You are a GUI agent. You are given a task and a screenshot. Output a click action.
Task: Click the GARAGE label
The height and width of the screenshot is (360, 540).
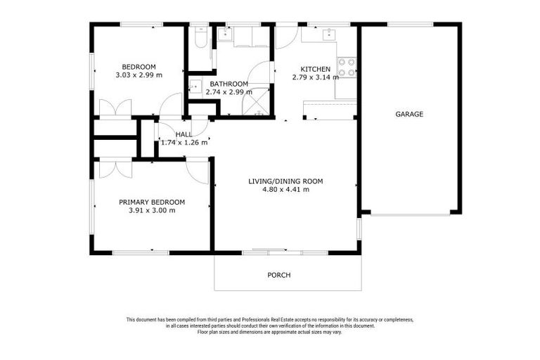click(409, 114)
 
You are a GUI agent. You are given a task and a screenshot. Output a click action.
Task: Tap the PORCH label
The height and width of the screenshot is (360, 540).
click(278, 275)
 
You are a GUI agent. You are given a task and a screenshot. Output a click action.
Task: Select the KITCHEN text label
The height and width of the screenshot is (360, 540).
click(315, 69)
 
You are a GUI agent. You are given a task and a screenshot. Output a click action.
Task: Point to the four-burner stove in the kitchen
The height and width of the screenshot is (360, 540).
click(346, 67)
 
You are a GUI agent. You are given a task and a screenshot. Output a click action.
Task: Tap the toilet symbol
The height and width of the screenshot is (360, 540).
click(199, 36)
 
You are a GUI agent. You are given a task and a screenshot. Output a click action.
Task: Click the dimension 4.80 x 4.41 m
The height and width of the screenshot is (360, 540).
click(285, 190)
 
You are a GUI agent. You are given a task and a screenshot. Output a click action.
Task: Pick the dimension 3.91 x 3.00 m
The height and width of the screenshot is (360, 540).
click(152, 210)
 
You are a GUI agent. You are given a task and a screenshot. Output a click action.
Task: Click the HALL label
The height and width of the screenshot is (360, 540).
click(184, 134)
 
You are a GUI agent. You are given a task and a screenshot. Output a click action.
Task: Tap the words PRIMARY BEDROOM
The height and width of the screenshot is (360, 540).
click(152, 202)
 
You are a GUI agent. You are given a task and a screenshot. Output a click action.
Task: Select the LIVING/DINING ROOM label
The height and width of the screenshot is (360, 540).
click(285, 181)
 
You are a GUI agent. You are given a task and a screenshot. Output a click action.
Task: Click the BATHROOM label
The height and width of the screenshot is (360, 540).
click(229, 84)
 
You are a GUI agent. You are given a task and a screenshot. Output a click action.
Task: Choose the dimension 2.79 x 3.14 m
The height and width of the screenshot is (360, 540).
click(315, 77)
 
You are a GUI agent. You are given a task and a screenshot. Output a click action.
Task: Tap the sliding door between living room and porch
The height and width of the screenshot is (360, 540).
click(269, 250)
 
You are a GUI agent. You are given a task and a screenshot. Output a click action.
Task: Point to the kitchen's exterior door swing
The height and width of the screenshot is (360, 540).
click(285, 37)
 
